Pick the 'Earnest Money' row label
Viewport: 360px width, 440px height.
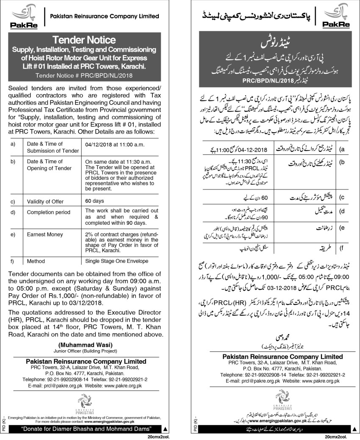click(x=42, y=233)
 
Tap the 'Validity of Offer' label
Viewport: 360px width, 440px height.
click(x=45, y=201)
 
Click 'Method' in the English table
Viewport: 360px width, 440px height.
click(x=36, y=262)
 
